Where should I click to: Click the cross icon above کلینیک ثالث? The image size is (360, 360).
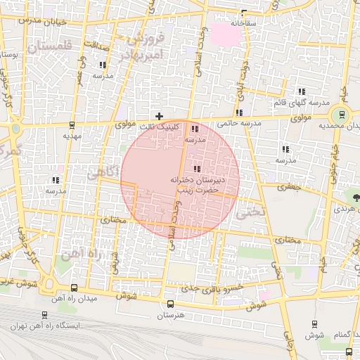pyautogui.click(x=160, y=116)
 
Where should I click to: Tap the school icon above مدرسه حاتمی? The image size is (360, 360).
pyautogui.click(x=239, y=112)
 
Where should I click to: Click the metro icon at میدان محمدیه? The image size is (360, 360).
pyautogui.click(x=342, y=115)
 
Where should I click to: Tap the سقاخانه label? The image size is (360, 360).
pyautogui.click(x=243, y=23)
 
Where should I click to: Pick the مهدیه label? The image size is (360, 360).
pyautogui.click(x=72, y=134)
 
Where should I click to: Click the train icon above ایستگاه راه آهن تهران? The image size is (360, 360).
pyautogui.click(x=45, y=316)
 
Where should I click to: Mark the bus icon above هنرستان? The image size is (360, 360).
pyautogui.click(x=170, y=304)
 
